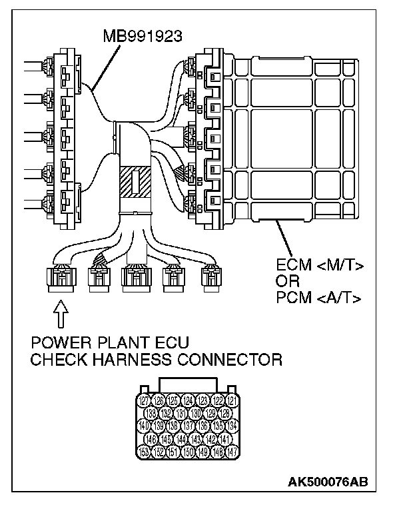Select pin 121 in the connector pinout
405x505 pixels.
232,400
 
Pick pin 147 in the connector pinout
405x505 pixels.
232,452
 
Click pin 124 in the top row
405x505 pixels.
189,400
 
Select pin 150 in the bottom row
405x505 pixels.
189,452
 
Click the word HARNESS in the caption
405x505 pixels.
143,360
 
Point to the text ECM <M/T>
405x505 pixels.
319,266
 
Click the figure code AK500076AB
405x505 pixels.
328,482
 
